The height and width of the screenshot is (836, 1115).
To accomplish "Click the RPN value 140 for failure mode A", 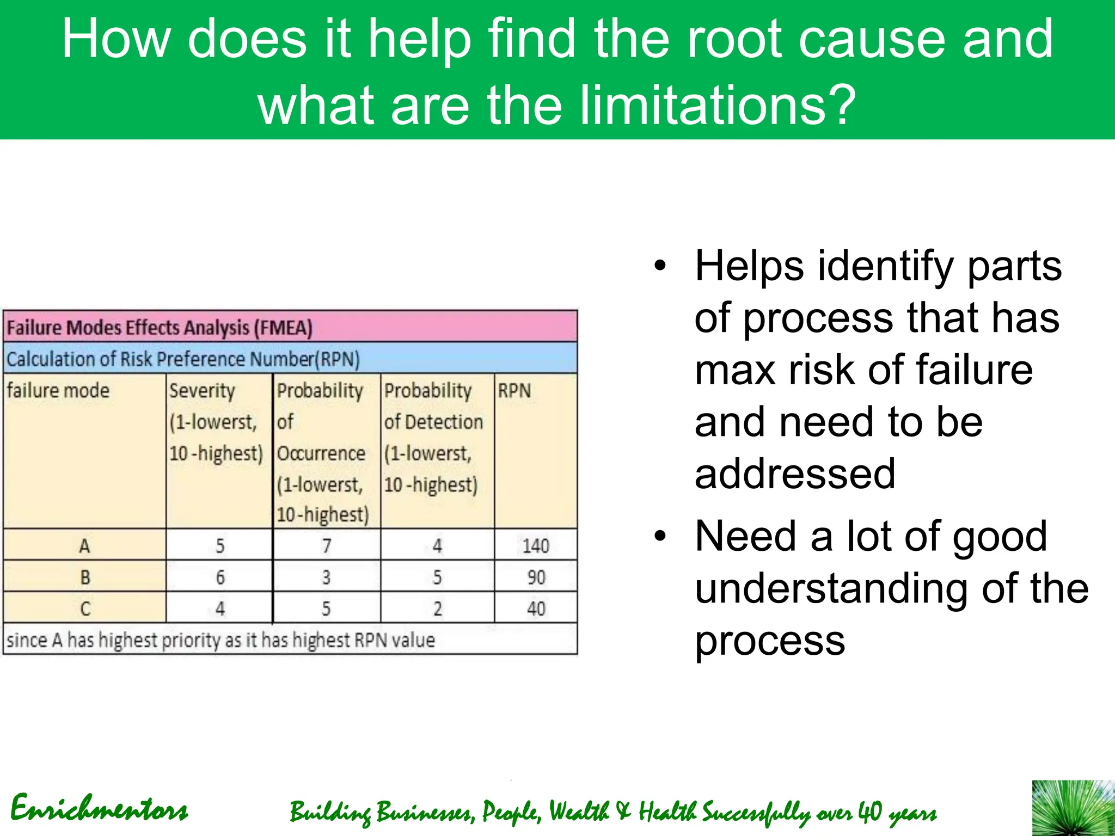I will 536,545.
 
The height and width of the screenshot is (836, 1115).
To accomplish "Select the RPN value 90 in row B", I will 536,577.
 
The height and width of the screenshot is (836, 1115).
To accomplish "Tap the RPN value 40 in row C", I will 536,608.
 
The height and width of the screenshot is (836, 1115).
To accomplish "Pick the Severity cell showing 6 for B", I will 220,577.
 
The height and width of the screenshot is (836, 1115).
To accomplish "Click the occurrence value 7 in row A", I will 326,545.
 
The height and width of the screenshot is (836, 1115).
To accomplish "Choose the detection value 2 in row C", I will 437,608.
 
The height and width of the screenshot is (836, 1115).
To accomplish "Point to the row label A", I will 84,545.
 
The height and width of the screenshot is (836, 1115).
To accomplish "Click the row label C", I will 85,608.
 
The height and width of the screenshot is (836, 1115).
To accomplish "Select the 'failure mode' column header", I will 58,390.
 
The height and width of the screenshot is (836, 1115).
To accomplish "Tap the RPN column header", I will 514,390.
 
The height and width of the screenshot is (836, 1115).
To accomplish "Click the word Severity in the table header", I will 202,390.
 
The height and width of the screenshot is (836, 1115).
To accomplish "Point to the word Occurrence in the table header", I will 321,453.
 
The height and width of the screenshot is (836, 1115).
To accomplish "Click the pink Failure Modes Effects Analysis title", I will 160,328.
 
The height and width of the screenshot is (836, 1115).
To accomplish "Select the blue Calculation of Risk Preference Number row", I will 183,359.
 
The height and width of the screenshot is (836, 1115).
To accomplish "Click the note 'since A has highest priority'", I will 220,640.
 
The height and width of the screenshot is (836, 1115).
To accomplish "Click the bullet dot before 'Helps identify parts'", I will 660,266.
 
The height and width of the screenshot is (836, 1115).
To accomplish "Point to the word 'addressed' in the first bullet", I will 795,474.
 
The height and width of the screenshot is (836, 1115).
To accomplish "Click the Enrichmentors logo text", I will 99,809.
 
